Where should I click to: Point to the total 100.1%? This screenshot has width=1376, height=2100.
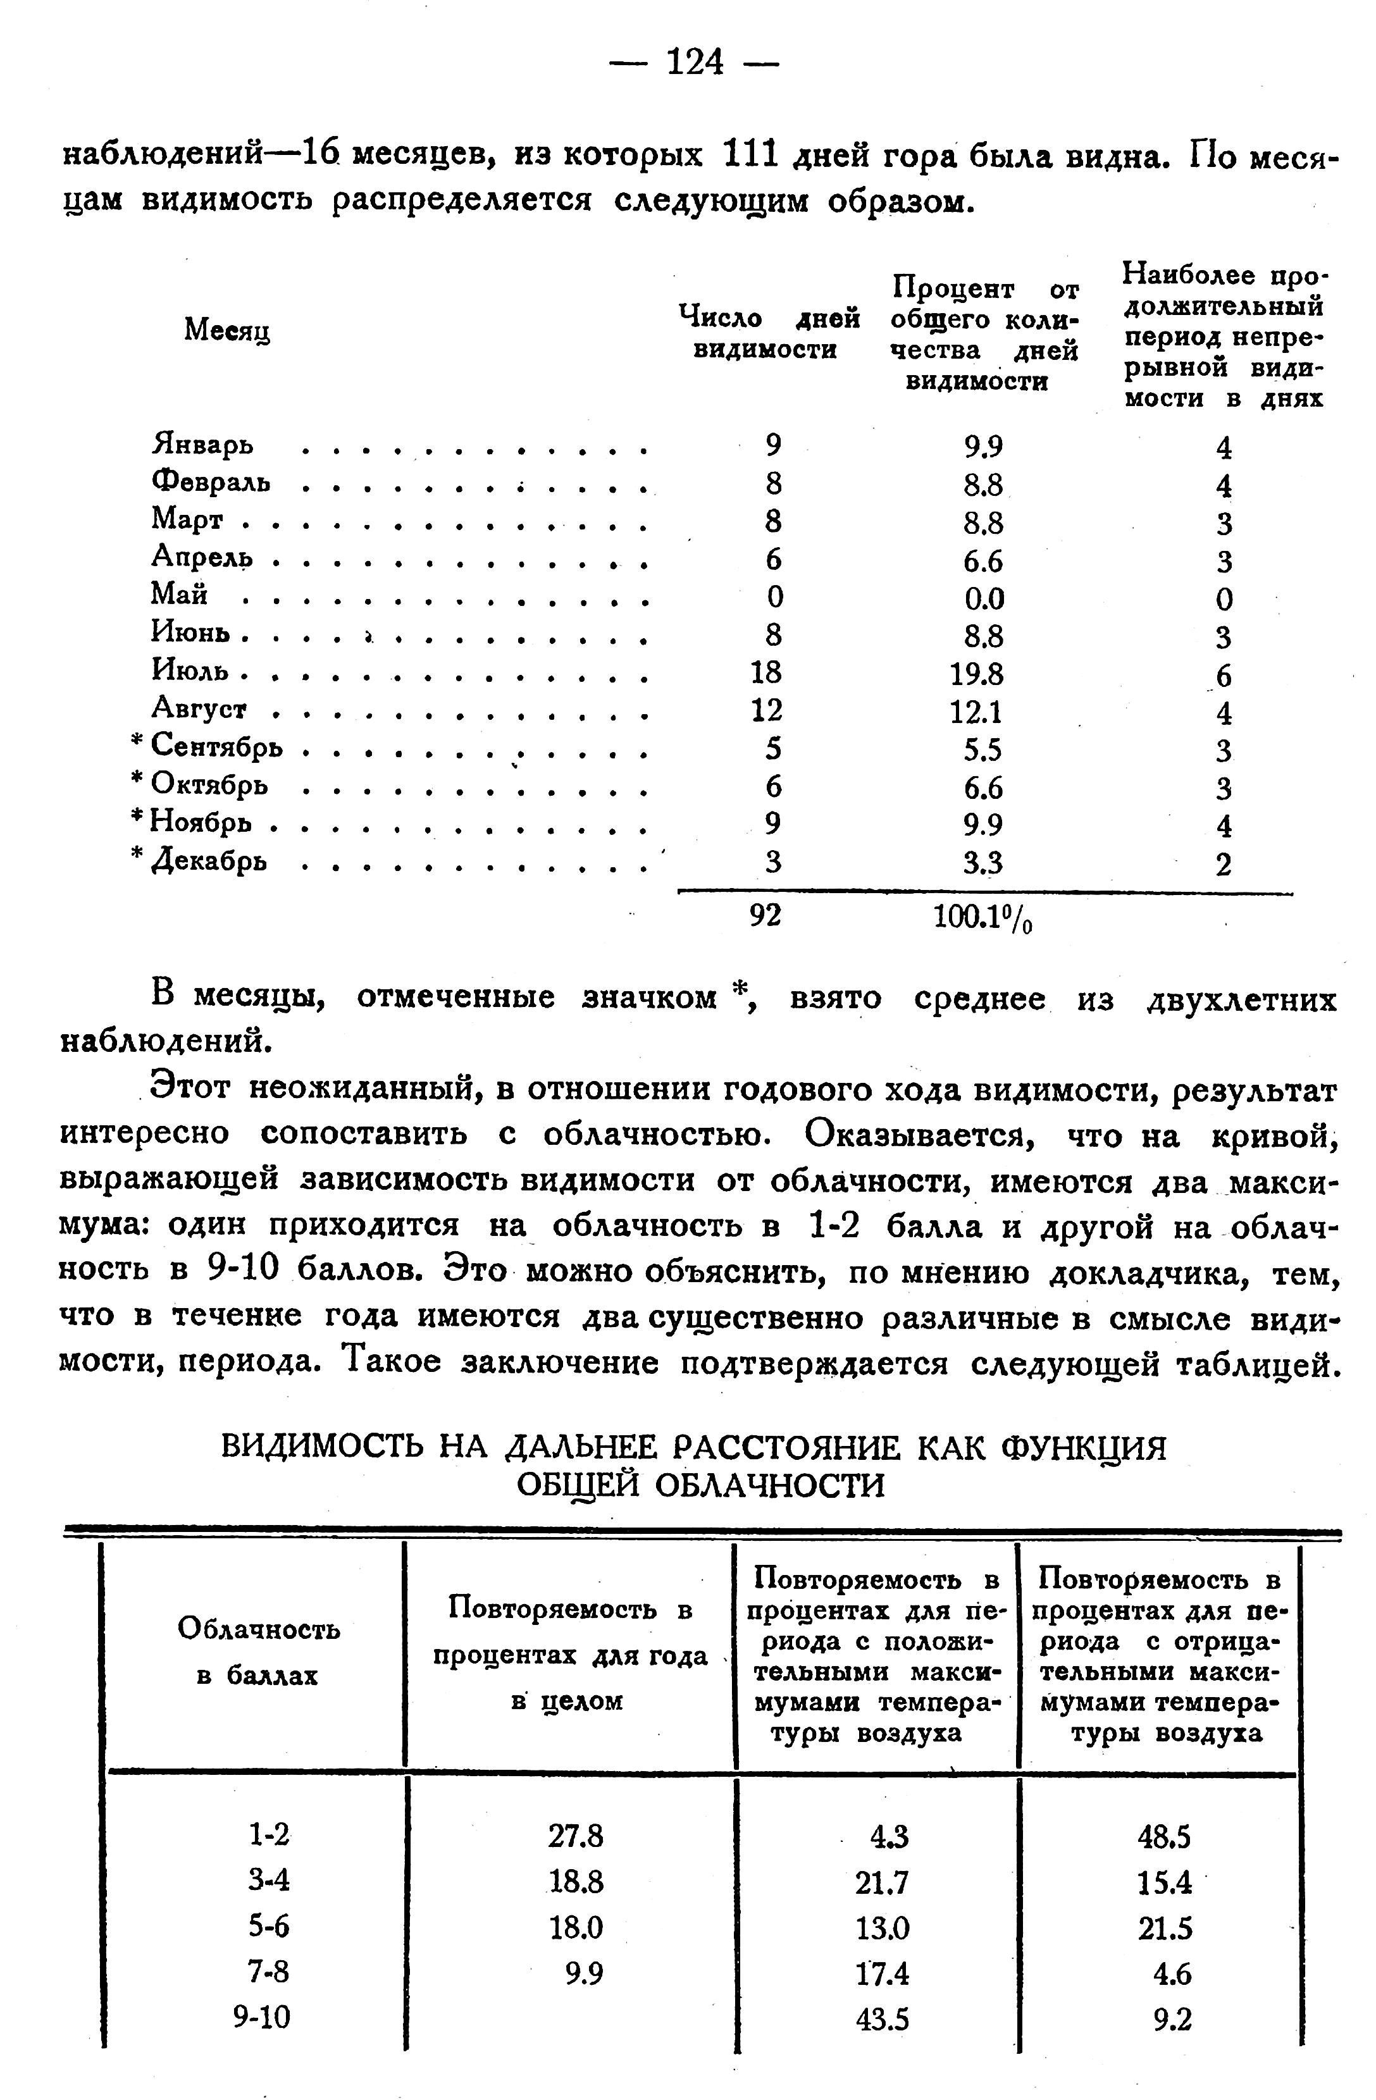point(982,918)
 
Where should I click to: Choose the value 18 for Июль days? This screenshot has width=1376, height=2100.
point(765,673)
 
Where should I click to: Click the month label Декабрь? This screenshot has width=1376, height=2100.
point(209,860)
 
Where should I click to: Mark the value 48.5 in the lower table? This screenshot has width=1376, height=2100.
point(1165,1836)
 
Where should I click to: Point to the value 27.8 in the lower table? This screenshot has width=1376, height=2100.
point(576,1836)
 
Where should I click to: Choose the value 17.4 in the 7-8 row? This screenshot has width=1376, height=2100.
point(883,1973)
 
